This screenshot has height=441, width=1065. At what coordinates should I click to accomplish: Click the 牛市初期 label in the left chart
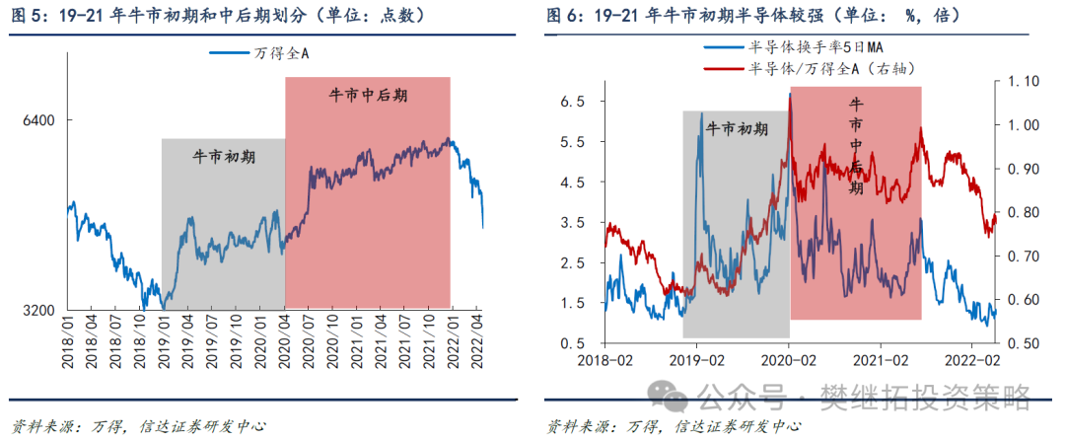click(x=223, y=156)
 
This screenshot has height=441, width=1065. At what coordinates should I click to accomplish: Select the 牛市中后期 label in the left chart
click(x=367, y=96)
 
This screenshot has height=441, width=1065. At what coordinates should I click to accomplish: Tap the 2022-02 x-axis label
click(x=974, y=360)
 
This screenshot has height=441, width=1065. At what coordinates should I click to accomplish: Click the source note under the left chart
click(x=137, y=426)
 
